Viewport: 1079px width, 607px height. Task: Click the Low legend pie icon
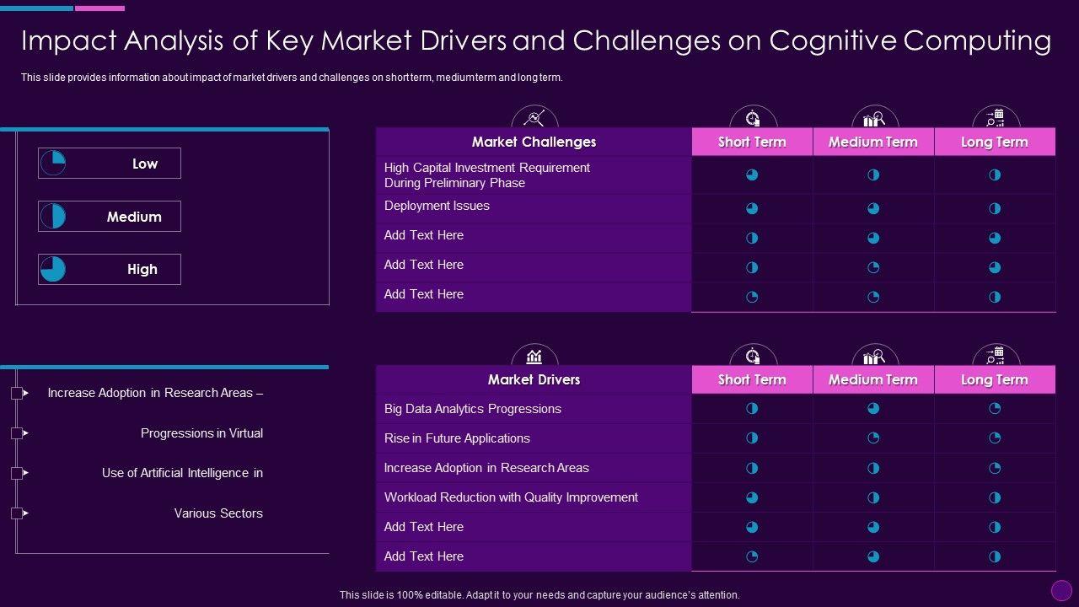(x=53, y=164)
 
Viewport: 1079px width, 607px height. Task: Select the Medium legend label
(x=134, y=217)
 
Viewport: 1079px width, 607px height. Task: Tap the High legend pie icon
(x=53, y=269)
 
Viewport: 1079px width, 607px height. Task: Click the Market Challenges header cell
(x=534, y=142)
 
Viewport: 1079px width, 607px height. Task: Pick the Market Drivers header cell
(x=534, y=379)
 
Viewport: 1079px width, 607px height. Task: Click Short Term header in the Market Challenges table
(x=752, y=142)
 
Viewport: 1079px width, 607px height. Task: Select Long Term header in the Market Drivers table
(x=995, y=379)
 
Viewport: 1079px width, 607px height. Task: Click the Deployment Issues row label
(x=437, y=206)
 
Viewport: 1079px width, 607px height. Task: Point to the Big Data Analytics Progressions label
(x=472, y=409)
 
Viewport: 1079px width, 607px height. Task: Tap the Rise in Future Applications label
(x=457, y=438)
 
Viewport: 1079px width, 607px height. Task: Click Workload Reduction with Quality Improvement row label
(x=511, y=497)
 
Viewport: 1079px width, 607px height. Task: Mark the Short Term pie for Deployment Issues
(x=752, y=208)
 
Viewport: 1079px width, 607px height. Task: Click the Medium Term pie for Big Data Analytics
(x=873, y=409)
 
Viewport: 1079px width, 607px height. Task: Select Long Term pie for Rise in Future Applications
(x=995, y=438)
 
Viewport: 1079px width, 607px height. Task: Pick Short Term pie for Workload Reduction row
(x=752, y=497)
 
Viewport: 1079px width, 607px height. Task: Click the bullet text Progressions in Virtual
(x=201, y=433)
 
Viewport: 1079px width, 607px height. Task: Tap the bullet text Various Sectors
(x=218, y=513)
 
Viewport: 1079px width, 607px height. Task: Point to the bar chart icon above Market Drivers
(x=534, y=356)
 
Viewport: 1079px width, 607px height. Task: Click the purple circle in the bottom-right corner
(x=1061, y=590)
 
